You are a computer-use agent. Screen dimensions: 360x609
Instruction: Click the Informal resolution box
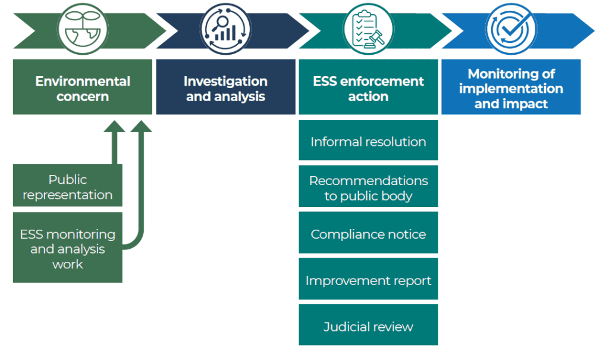point(368,141)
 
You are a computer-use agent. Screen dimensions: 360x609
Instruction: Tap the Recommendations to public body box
point(368,187)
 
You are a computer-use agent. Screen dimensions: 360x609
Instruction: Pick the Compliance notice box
point(368,234)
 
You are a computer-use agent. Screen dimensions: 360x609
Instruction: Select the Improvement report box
point(368,280)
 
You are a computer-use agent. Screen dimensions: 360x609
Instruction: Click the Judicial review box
point(368,325)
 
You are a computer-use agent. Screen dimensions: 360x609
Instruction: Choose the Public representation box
point(67,186)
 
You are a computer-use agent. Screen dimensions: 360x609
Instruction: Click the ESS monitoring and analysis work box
point(67,248)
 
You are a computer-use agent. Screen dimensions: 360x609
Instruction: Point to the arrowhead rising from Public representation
point(115,126)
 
